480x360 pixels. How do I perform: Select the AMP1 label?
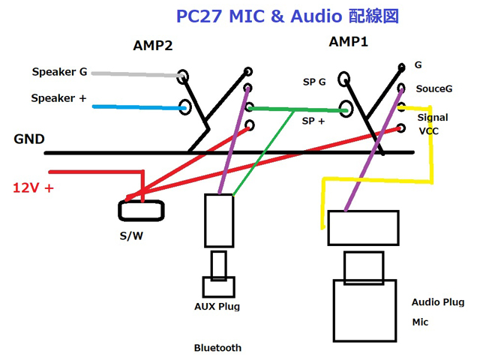click(349, 42)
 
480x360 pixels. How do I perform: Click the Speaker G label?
click(59, 73)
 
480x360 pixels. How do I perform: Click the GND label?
click(28, 139)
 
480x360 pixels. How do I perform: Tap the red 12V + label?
click(34, 187)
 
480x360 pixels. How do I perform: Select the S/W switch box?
click(141, 210)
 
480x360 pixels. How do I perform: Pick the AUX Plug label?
click(217, 306)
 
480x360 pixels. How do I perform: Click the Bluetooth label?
click(217, 348)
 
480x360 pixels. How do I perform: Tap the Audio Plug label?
click(438, 302)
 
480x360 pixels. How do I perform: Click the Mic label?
click(420, 322)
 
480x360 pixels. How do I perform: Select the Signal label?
click(433, 118)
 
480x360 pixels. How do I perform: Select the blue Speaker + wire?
click(139, 108)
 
